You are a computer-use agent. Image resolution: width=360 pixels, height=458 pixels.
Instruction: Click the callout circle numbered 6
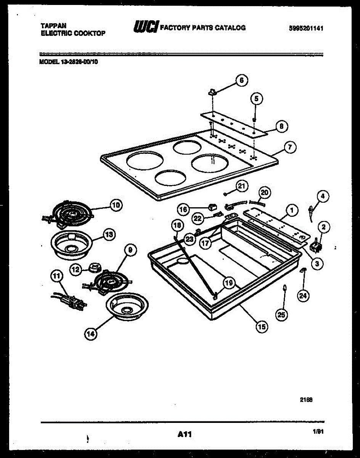click(241, 80)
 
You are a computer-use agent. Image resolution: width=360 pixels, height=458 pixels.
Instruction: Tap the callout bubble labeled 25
click(281, 314)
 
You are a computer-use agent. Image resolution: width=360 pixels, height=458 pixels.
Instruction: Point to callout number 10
click(116, 205)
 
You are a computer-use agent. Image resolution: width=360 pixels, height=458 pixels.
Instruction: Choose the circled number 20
click(265, 192)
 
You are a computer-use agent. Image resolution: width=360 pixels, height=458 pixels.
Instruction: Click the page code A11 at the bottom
click(184, 434)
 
